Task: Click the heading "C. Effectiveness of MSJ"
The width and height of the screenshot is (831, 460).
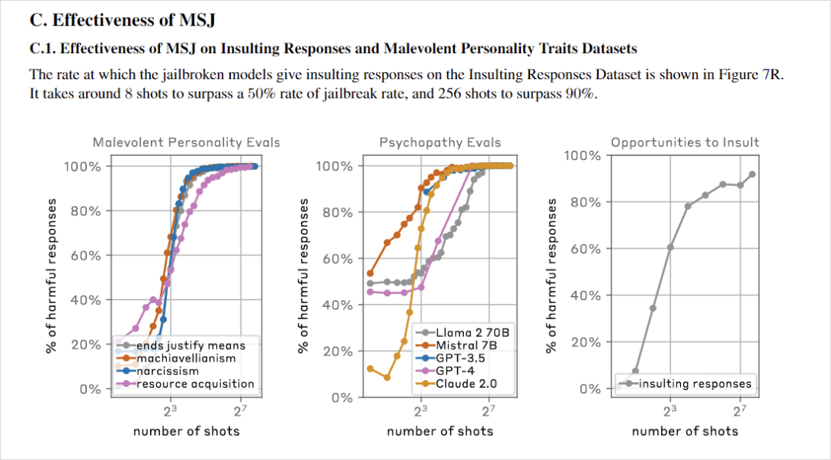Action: coord(122,21)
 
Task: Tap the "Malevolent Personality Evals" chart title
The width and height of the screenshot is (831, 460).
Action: coord(186,142)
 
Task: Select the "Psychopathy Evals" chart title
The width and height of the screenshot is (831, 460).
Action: coord(440,142)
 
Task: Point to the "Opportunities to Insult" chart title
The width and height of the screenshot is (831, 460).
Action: coord(685,142)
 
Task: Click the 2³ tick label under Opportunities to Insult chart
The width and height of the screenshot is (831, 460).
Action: coord(670,410)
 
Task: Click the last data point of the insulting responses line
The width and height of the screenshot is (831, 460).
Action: coord(752,175)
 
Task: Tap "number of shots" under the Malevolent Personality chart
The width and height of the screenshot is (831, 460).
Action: coord(186,431)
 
